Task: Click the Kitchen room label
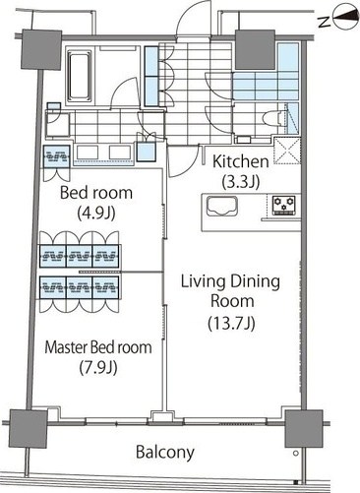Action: click(241, 161)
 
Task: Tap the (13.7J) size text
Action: click(231, 324)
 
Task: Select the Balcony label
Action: click(165, 453)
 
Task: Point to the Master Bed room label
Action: click(98, 347)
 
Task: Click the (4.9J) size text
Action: click(96, 214)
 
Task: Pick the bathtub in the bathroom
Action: click(80, 76)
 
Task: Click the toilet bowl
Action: click(272, 118)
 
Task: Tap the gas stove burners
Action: click(284, 206)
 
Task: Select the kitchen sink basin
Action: click(222, 206)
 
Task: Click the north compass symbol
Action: click(345, 16)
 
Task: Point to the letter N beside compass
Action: click(324, 22)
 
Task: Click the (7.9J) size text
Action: click(98, 368)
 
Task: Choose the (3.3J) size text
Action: click(241, 182)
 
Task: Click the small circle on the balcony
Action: click(296, 454)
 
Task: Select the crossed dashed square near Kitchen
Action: click(287, 151)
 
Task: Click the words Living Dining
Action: click(230, 282)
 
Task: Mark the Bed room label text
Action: click(96, 193)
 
